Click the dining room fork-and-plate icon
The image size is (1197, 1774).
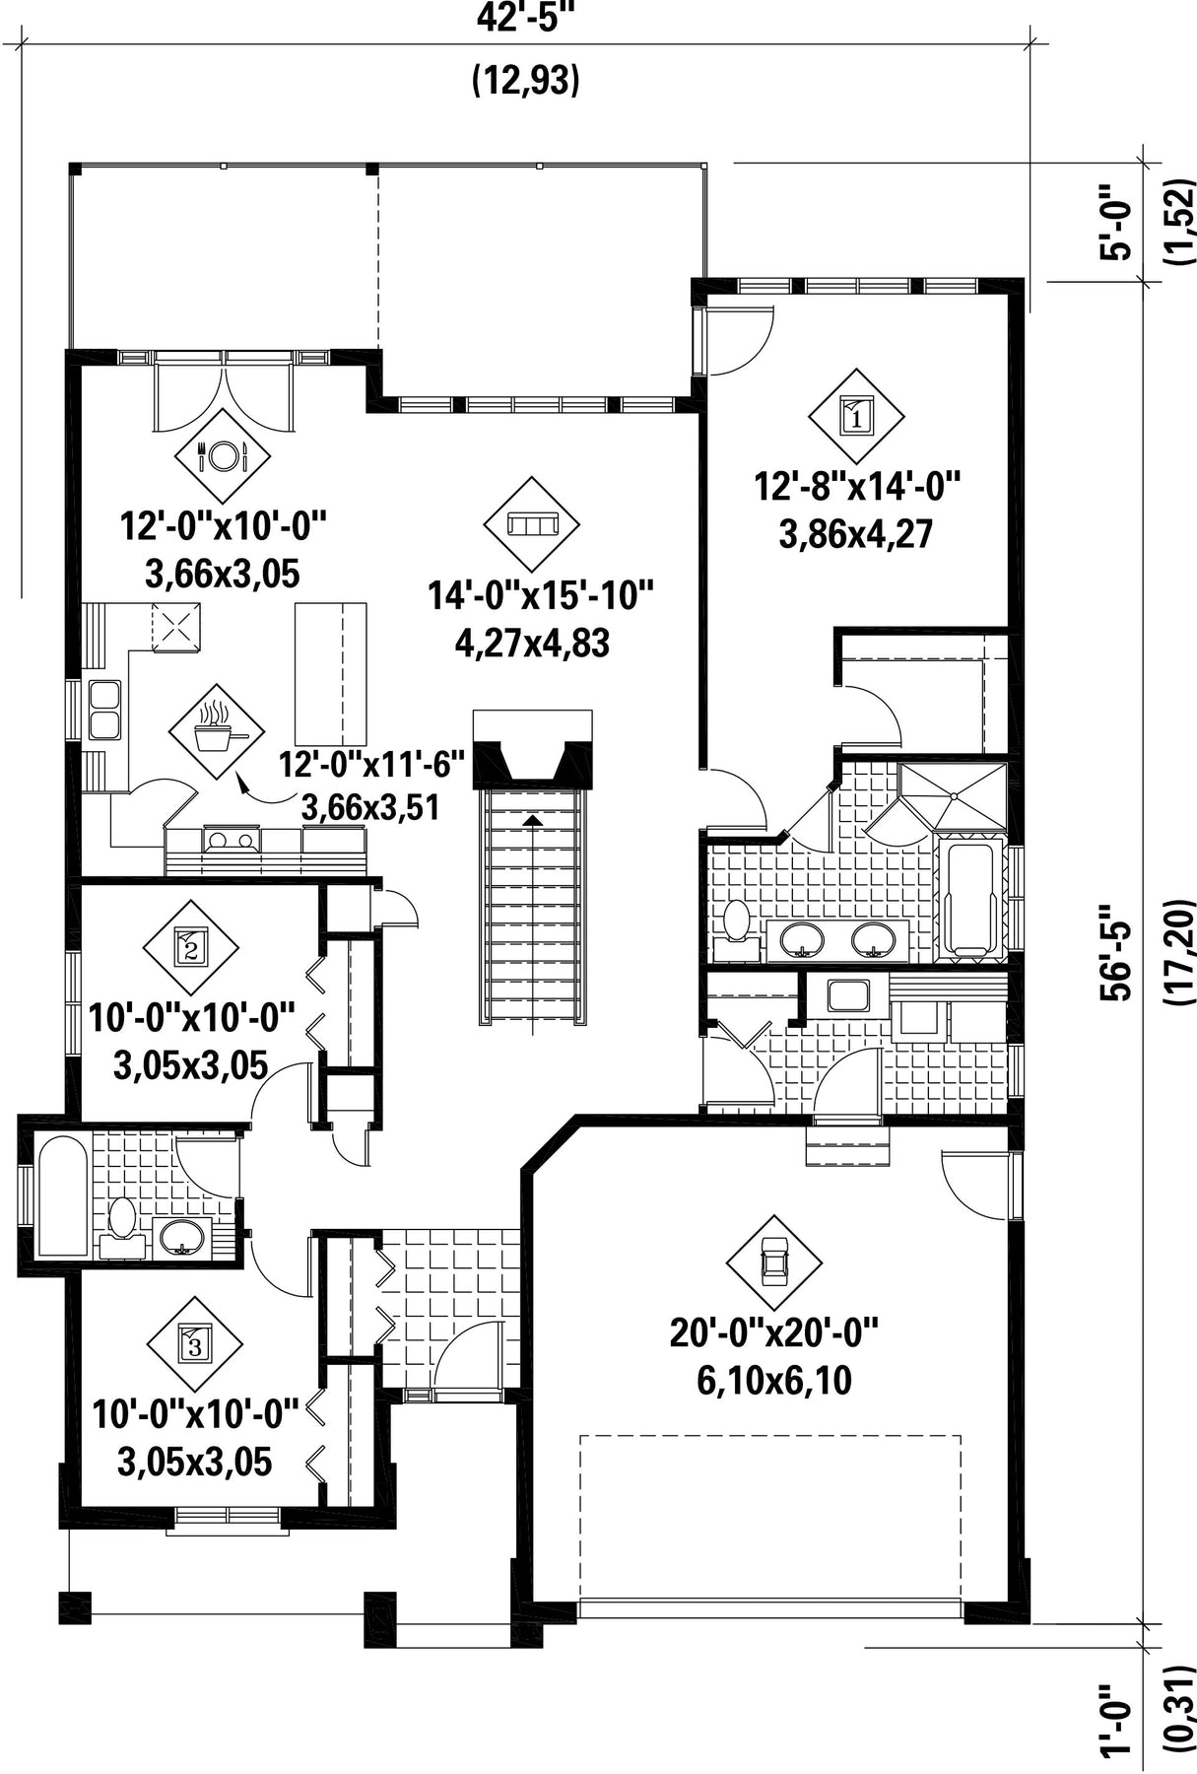pyautogui.click(x=222, y=454)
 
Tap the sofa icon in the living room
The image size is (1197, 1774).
pyautogui.click(x=532, y=523)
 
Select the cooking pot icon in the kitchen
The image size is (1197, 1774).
pyautogui.click(x=216, y=731)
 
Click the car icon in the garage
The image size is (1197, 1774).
pyautogui.click(x=773, y=1262)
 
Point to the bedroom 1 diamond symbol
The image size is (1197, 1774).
pyautogui.click(x=856, y=416)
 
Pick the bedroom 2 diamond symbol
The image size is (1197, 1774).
pyautogui.click(x=191, y=948)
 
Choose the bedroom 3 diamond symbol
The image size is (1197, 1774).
pyautogui.click(x=194, y=1343)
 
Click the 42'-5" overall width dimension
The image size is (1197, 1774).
pyautogui.click(x=526, y=18)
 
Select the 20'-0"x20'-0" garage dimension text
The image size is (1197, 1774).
pyautogui.click(x=773, y=1332)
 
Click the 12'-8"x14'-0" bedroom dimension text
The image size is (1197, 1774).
pyautogui.click(x=857, y=486)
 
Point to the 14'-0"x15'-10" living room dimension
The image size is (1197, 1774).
pyautogui.click(x=541, y=595)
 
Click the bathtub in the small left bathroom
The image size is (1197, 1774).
pyautogui.click(x=63, y=1196)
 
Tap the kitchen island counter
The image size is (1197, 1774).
pyautogui.click(x=330, y=675)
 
